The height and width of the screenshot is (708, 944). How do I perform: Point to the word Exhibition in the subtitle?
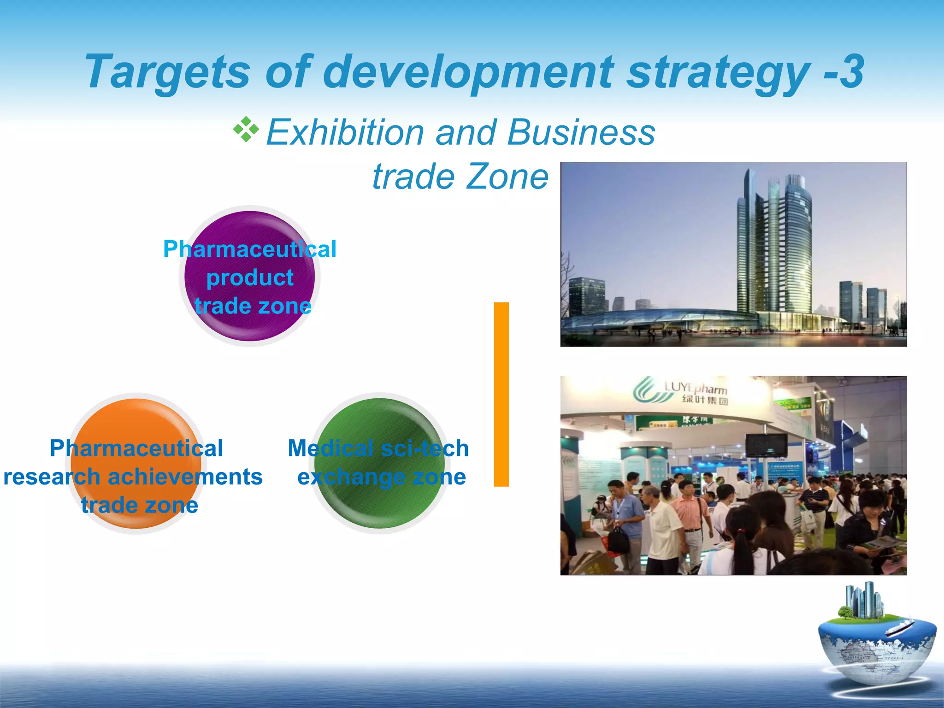pos(345,133)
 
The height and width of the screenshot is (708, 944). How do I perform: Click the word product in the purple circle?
pos(250,278)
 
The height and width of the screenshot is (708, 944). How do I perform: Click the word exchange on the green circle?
pos(350,477)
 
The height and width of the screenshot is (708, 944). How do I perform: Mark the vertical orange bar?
pos(501,394)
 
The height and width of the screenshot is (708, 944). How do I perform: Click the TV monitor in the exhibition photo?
pos(767,444)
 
